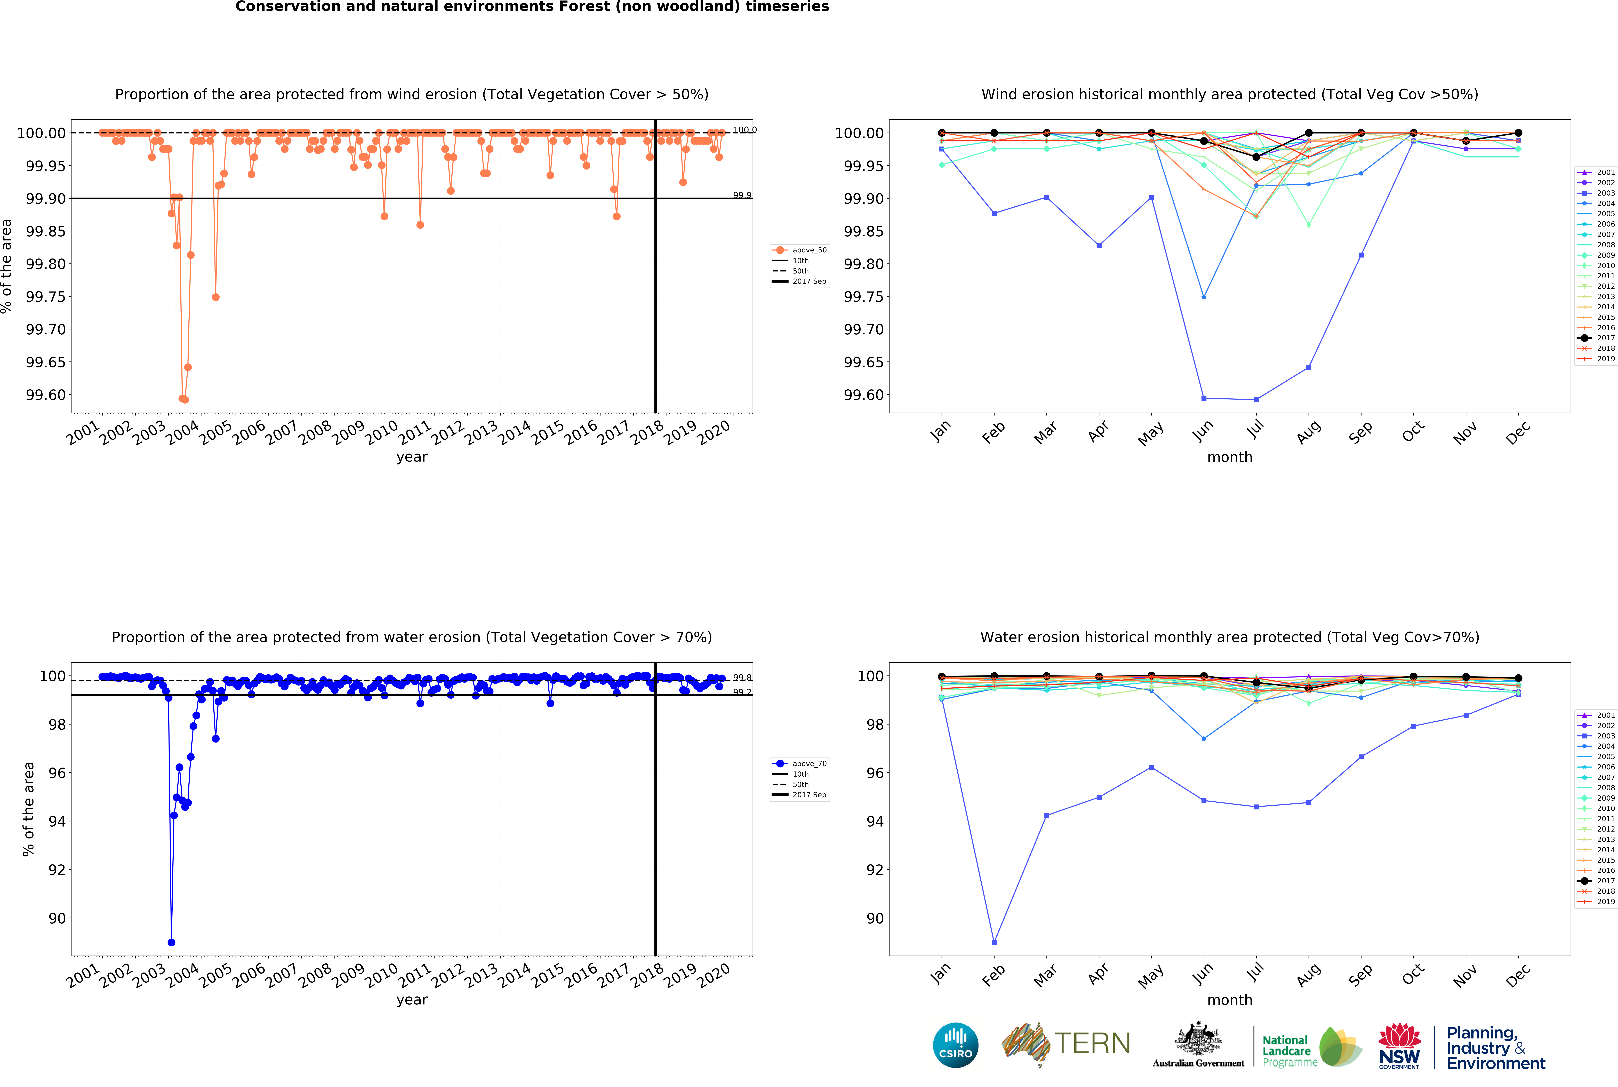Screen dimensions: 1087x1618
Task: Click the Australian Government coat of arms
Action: click(x=1198, y=1040)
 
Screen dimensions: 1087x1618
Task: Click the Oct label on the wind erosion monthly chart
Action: click(x=1413, y=431)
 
